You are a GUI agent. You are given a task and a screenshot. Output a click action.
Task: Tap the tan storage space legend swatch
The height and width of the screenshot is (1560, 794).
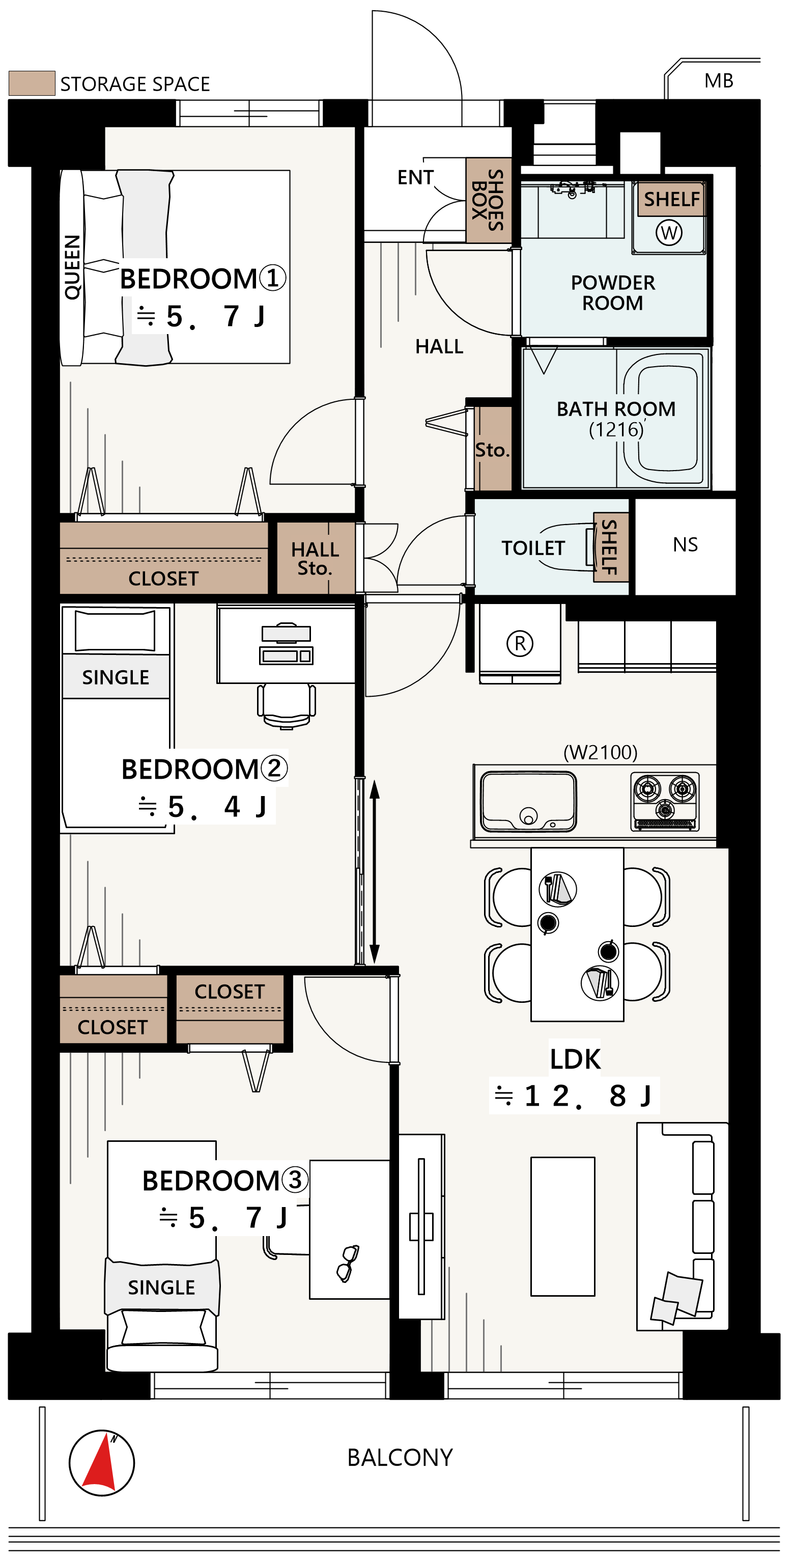(32, 83)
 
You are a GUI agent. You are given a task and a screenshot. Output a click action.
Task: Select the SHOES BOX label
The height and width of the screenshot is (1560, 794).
(488, 200)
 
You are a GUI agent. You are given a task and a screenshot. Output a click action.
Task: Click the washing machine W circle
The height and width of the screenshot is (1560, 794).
(669, 233)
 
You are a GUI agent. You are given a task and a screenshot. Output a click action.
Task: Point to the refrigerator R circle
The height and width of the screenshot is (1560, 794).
(520, 643)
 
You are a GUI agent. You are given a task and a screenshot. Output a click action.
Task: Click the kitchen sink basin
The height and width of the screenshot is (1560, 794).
(528, 801)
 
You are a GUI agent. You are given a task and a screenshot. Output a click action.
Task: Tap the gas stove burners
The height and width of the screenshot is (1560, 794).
(665, 801)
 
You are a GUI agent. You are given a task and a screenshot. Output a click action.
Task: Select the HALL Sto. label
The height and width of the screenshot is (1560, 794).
(315, 558)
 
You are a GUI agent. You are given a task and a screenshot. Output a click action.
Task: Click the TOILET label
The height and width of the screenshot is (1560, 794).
(532, 548)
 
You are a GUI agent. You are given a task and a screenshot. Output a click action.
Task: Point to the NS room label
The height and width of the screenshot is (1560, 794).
(685, 544)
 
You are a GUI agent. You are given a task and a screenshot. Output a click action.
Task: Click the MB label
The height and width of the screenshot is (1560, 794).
(719, 80)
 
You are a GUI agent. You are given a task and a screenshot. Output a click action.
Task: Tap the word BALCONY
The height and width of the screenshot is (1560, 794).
(400, 1458)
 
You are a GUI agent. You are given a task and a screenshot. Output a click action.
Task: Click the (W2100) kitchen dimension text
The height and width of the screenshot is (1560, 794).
(601, 752)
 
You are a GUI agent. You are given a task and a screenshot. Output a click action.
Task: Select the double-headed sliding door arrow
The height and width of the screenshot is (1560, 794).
(375, 871)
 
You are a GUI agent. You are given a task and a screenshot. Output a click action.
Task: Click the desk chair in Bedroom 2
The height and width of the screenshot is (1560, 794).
(286, 705)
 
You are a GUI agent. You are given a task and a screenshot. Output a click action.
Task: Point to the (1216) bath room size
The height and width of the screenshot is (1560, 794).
(616, 429)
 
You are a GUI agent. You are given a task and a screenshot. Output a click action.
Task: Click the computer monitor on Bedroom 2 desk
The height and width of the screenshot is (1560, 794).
(286, 633)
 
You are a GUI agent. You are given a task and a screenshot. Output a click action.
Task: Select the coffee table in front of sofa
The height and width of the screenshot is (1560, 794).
(563, 1226)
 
